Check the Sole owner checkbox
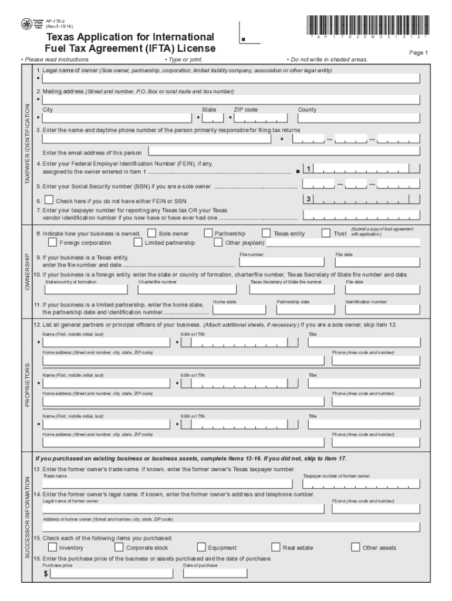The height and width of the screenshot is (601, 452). (x=151, y=233)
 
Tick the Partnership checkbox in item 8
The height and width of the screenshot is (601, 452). (x=208, y=233)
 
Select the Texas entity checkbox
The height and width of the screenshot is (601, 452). (x=266, y=233)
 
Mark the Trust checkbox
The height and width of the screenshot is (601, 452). (x=326, y=233)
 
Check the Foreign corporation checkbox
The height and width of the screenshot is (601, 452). (x=53, y=242)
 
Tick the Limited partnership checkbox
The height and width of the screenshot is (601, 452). (x=138, y=242)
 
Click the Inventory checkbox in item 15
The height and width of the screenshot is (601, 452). (x=53, y=547)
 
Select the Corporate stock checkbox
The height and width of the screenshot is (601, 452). (x=120, y=547)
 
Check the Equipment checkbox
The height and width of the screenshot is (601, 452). (x=201, y=547)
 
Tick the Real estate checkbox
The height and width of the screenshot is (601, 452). (x=275, y=547)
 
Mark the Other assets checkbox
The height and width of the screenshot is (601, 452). (x=355, y=547)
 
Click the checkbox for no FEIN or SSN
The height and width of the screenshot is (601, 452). (x=49, y=200)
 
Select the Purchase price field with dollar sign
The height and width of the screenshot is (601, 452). (x=112, y=573)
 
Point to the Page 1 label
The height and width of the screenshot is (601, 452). (x=418, y=53)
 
